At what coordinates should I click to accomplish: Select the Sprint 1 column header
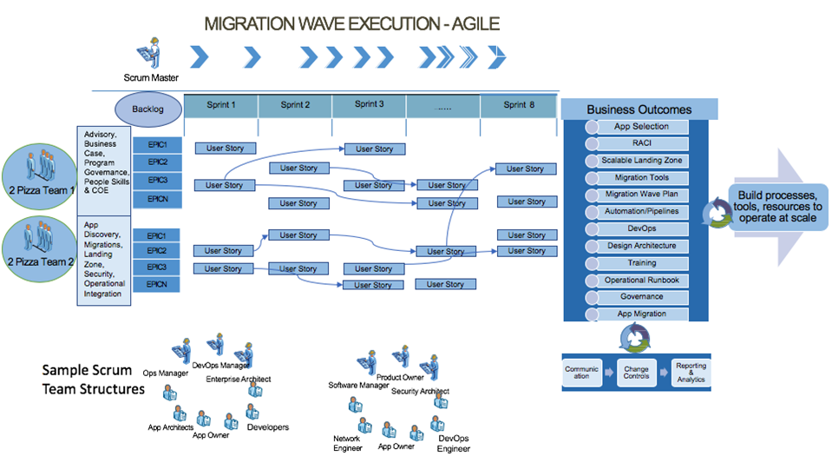(x=220, y=105)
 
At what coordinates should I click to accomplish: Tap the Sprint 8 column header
(x=517, y=104)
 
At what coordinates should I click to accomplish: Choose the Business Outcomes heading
(x=639, y=109)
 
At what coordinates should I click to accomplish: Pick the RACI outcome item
(x=641, y=143)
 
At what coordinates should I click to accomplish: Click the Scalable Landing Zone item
(x=641, y=161)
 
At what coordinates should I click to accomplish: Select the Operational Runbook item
(x=641, y=281)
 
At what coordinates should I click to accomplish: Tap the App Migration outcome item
(x=641, y=314)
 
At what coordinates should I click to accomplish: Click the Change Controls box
(x=636, y=372)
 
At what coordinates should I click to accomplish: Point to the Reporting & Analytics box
(x=691, y=372)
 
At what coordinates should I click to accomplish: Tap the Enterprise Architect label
(x=238, y=380)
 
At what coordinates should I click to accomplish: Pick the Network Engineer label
(x=346, y=443)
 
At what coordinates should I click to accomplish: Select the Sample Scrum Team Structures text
(x=93, y=379)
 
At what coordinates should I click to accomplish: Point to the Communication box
(x=581, y=372)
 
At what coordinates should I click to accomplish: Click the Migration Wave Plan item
(x=641, y=195)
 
